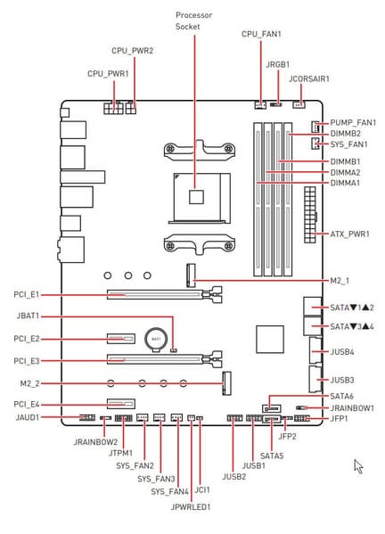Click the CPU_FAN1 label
point(261,34)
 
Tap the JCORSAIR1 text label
point(309,79)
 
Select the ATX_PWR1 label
point(350,234)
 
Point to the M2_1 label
point(340,281)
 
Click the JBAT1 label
point(28,316)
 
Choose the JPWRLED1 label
point(191,506)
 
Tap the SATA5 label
point(272,456)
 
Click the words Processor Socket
point(193,21)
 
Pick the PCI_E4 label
point(27,404)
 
